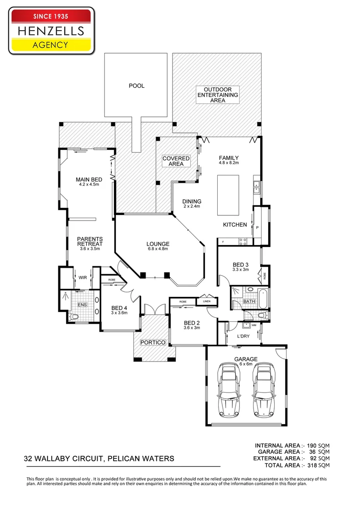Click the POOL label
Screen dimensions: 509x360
pyautogui.click(x=136, y=86)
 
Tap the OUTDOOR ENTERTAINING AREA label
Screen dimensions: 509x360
pyautogui.click(x=218, y=95)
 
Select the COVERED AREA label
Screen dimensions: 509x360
pyautogui.click(x=176, y=161)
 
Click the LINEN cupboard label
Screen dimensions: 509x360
pyautogui.click(x=206, y=301)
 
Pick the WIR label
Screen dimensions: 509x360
pyautogui.click(x=82, y=278)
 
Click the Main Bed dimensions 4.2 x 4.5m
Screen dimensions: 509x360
pyautogui.click(x=89, y=185)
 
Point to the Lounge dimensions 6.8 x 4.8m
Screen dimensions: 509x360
pyautogui.click(x=158, y=249)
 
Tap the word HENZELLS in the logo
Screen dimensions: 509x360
pyautogui.click(x=50, y=31)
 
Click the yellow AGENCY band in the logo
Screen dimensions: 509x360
pyautogui.click(x=50, y=45)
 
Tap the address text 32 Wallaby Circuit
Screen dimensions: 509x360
pyautogui.click(x=99, y=458)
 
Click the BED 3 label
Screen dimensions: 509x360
pyautogui.click(x=241, y=264)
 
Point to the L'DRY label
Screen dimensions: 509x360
pyautogui.click(x=243, y=336)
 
